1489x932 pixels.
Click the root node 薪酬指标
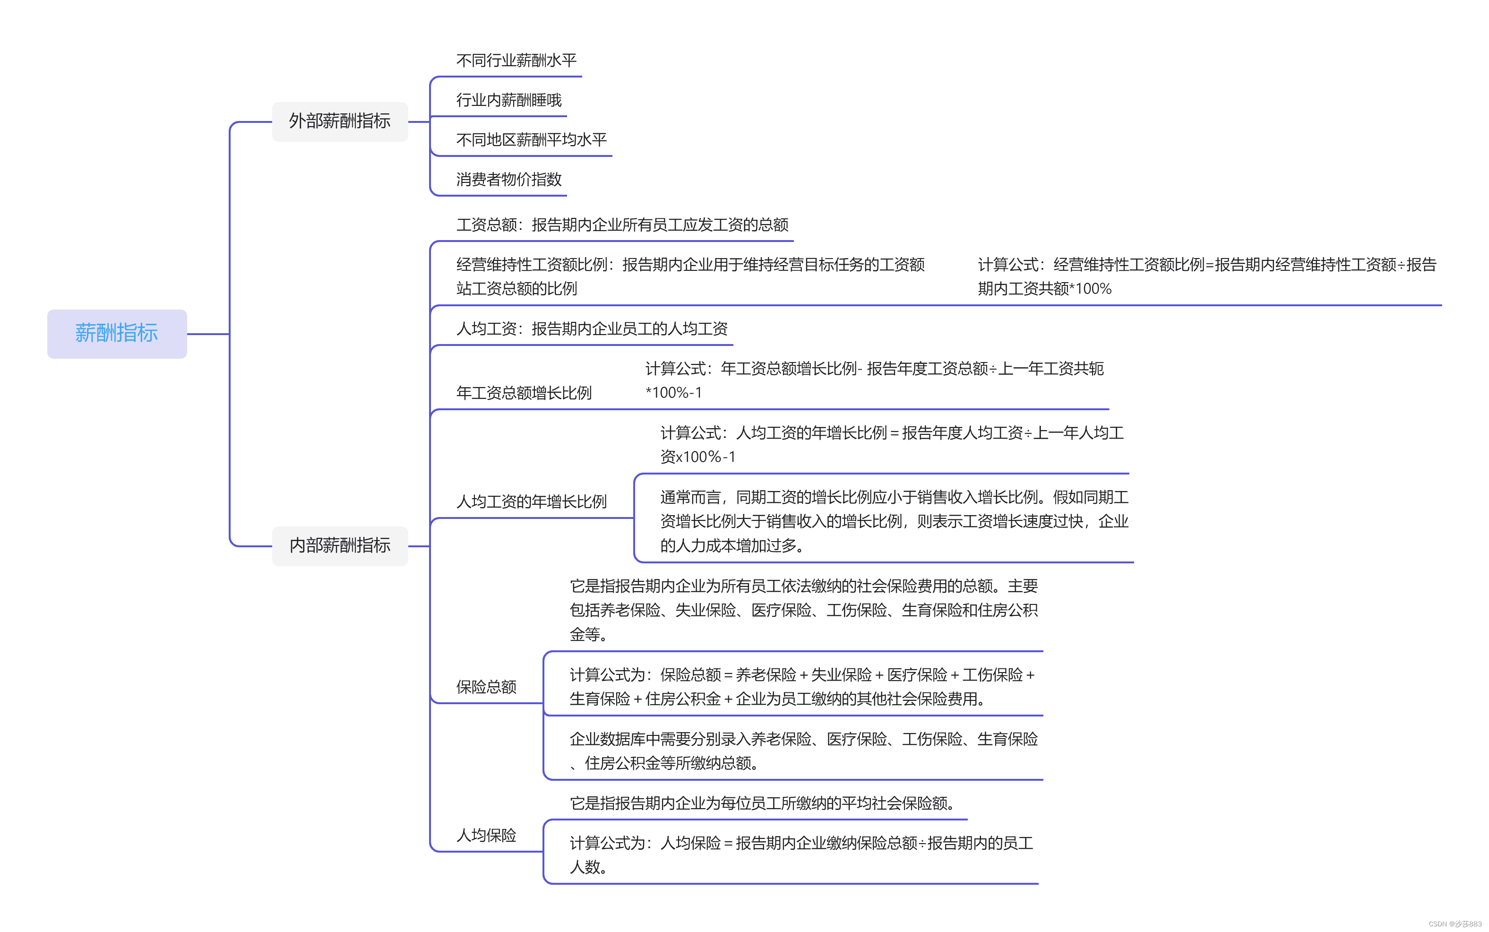pos(116,334)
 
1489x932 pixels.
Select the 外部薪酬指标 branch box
pos(340,121)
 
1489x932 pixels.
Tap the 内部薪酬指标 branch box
pos(340,545)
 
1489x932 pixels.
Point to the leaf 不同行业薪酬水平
pos(516,60)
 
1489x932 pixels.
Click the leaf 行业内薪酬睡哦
pos(508,100)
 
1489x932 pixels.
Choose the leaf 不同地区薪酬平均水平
pos(531,140)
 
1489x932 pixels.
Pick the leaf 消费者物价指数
pos(508,180)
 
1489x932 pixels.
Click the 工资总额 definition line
pos(622,225)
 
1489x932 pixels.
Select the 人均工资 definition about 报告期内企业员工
pos(592,328)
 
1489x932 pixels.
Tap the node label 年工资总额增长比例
pos(524,393)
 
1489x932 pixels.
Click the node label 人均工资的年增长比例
pos(531,501)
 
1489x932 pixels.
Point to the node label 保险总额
pos(486,687)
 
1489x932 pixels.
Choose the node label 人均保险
pos(486,835)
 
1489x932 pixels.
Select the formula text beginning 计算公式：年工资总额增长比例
pos(874,380)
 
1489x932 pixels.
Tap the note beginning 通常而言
pos(894,521)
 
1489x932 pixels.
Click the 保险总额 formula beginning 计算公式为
pos(801,687)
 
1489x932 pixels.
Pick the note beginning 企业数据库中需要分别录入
pos(803,751)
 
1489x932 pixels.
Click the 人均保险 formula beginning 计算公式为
pos(800,854)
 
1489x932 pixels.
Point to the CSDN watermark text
pos(1455,923)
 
